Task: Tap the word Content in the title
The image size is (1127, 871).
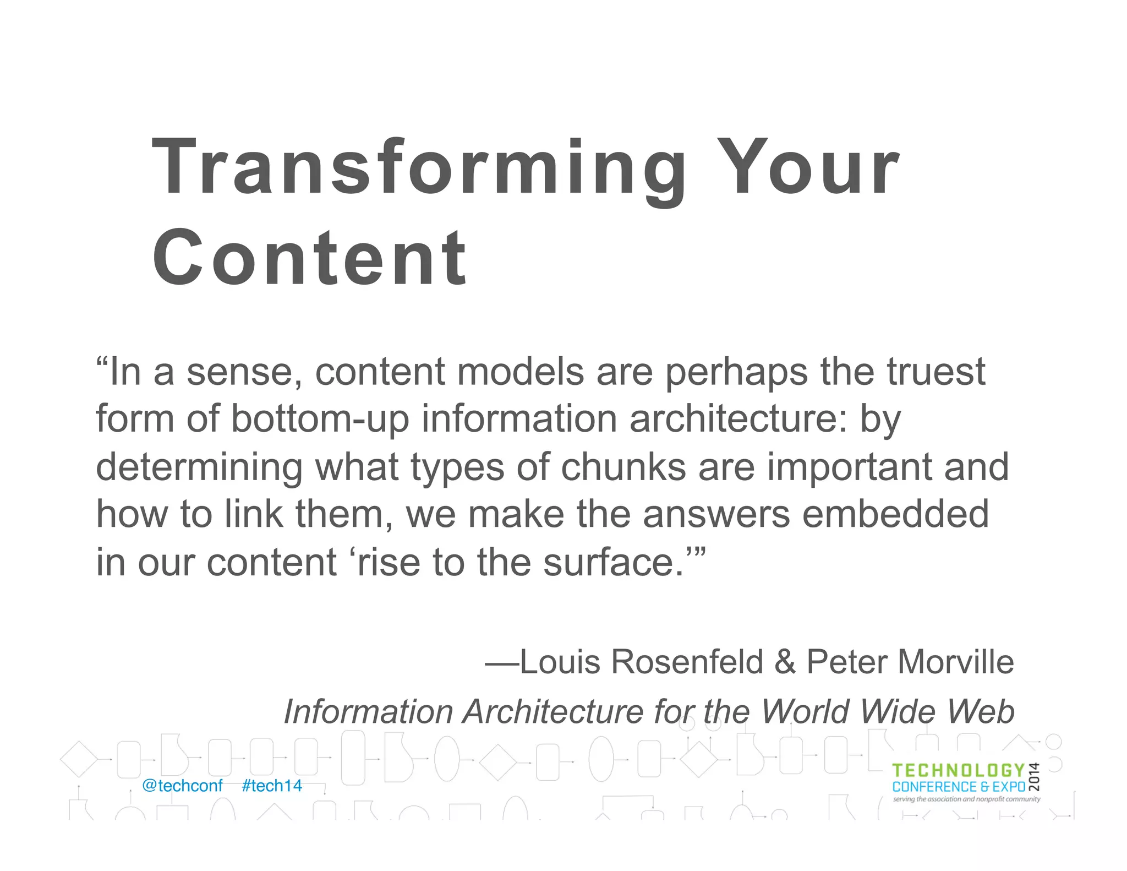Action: point(310,258)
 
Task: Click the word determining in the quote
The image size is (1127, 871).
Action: point(199,467)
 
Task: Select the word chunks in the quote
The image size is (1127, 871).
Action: point(623,467)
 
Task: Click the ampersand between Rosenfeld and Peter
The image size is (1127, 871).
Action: point(785,662)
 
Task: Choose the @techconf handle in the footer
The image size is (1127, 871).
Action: point(182,786)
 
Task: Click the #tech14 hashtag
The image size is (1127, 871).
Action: point(272,786)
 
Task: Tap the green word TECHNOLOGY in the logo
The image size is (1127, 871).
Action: point(958,771)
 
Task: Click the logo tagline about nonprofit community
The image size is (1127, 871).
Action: point(966,799)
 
